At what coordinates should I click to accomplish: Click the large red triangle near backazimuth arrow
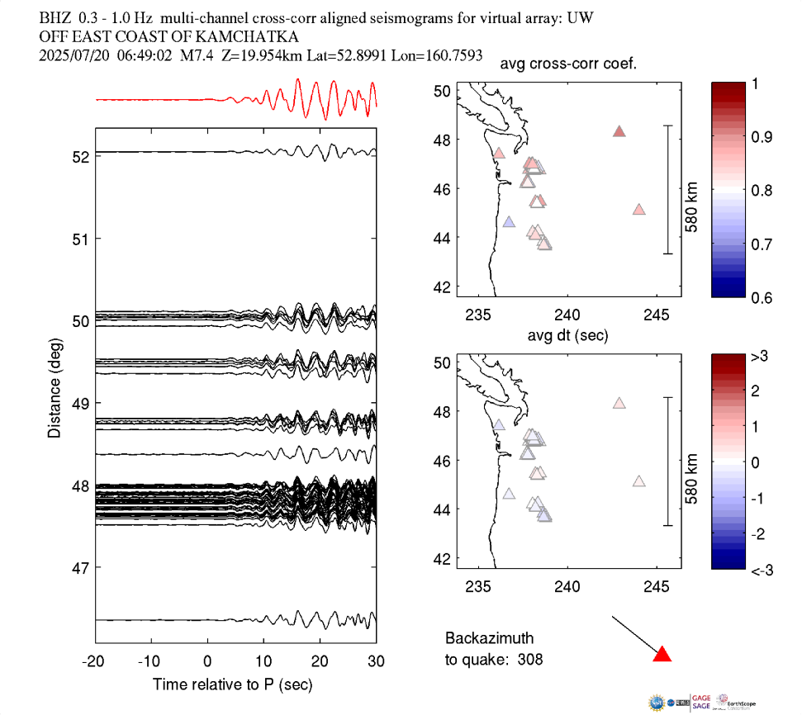662,655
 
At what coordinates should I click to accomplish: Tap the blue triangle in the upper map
509,222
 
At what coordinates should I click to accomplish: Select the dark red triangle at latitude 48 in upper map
619,131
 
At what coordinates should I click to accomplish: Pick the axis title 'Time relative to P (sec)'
233,685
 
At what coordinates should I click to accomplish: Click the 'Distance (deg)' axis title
55,387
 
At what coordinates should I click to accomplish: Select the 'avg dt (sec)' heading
569,335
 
